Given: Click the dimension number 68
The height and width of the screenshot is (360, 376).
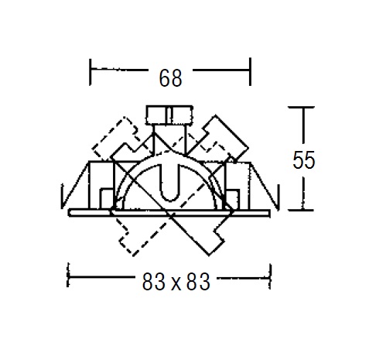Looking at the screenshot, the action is tap(170, 77).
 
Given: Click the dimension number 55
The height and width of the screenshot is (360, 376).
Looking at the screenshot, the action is tap(303, 160).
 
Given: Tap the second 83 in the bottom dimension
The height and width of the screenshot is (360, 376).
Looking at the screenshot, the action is tap(198, 282).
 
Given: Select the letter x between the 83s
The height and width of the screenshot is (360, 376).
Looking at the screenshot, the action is tap(176, 284).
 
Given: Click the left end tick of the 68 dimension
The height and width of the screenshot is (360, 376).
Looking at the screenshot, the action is tap(90, 72).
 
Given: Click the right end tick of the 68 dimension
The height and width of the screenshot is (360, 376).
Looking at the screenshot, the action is tap(250, 71).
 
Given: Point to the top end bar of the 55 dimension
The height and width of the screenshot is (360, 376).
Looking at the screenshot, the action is tap(301, 107).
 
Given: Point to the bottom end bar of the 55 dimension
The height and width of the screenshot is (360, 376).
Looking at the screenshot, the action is tap(301, 210).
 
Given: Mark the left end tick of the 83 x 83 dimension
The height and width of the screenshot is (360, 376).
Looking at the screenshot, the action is tap(68, 275).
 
